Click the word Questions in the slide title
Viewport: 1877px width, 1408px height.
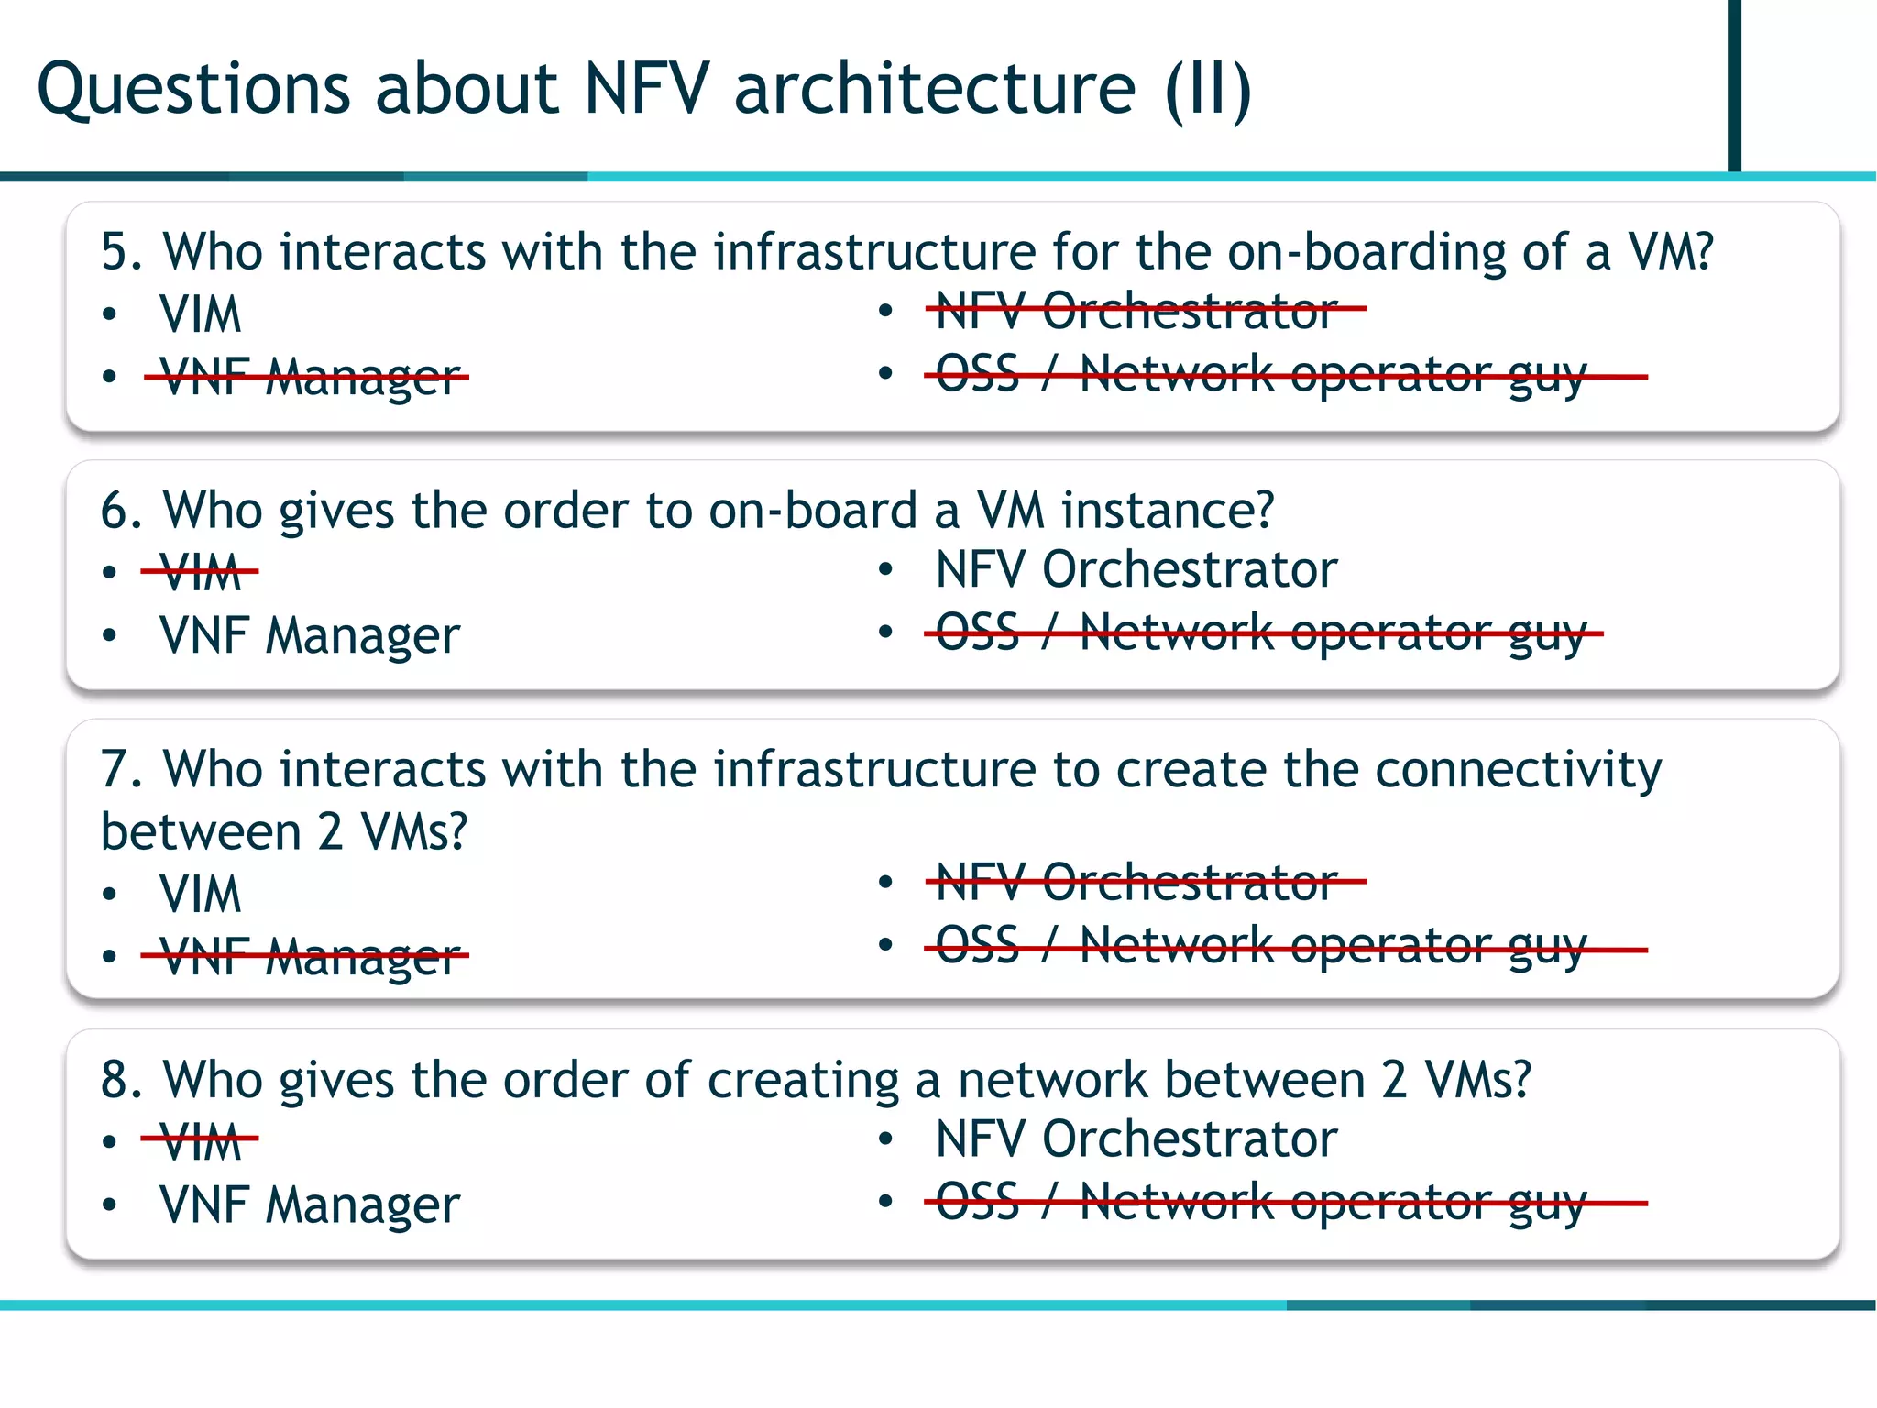pos(193,90)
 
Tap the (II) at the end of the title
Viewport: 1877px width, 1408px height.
pos(1208,90)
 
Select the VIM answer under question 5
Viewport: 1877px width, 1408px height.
pos(200,314)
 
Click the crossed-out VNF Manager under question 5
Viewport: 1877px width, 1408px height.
pos(309,377)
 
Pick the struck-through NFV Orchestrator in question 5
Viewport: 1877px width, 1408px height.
pos(1136,311)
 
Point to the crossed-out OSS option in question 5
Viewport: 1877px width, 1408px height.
pos(1260,375)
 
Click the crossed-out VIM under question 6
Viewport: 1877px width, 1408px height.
pos(200,573)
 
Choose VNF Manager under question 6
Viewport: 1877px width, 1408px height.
pos(309,635)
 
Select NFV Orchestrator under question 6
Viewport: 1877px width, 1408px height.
pos(1136,569)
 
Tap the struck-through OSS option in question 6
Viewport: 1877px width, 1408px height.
pos(1260,633)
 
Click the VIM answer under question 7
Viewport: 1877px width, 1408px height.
pos(200,894)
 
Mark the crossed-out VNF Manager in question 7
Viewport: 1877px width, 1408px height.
pos(309,956)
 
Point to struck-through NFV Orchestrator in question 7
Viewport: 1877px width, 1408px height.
pos(1136,882)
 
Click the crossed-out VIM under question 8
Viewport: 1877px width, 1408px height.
pos(200,1141)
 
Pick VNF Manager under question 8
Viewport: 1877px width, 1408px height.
pos(309,1204)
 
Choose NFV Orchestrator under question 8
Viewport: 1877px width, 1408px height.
pos(1136,1138)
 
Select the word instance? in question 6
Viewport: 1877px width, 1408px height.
pos(1168,511)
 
